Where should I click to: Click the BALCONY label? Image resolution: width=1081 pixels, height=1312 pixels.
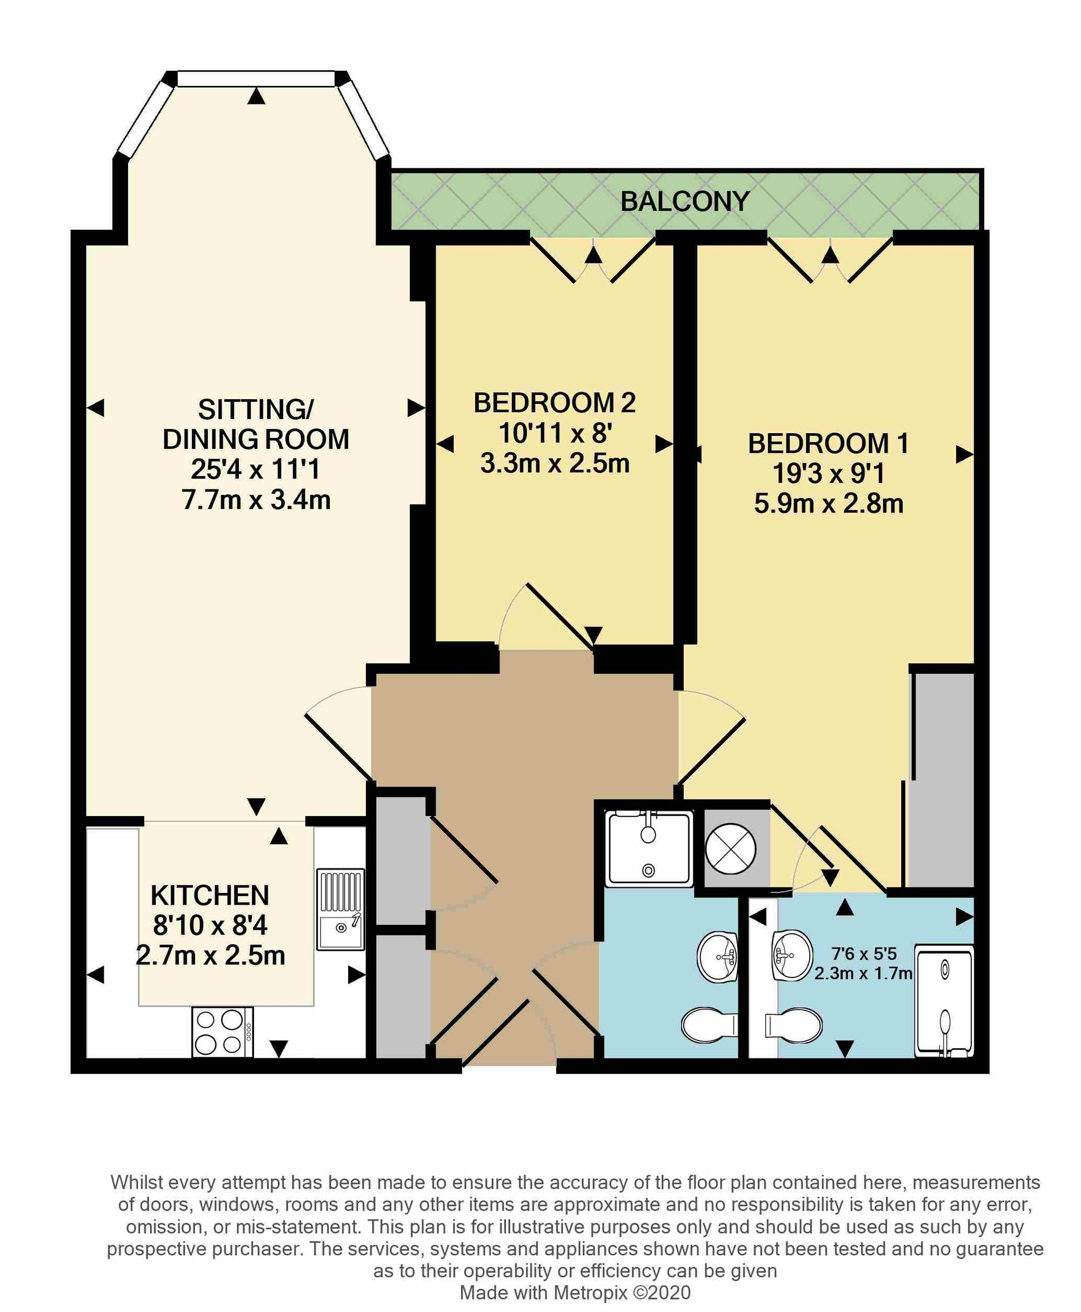(x=684, y=201)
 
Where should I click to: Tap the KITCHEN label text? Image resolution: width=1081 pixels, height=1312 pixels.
(x=210, y=896)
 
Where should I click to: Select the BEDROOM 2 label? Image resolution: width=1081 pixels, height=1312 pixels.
(x=555, y=403)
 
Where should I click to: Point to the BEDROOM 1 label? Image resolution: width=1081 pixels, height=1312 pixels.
(x=828, y=443)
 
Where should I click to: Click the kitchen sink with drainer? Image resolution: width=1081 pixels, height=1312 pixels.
(x=341, y=910)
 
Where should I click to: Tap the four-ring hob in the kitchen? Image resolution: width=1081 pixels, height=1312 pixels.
(x=222, y=1032)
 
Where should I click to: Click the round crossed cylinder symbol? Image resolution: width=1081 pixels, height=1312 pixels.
(x=730, y=849)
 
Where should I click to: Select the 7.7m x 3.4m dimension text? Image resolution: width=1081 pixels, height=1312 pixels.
(x=256, y=500)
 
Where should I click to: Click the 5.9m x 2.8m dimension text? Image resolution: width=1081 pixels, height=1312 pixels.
(x=828, y=503)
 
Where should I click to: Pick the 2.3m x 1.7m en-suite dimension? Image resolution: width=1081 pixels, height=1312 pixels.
(x=863, y=973)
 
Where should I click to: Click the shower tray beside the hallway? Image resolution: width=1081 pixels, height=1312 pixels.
(x=649, y=848)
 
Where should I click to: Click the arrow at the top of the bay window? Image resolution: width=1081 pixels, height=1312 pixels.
(x=256, y=95)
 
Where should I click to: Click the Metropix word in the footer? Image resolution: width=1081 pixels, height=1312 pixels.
(x=590, y=1293)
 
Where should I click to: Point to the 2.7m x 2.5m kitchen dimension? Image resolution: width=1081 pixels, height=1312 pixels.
(x=210, y=956)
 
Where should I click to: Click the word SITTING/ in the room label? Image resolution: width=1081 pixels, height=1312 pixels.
(x=256, y=410)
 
